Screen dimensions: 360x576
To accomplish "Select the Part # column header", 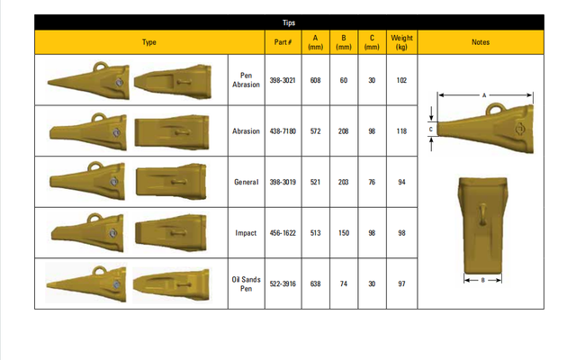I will pos(278,42).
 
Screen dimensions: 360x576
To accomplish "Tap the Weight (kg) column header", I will pos(401,42).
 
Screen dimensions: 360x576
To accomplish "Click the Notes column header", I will pos(480,42).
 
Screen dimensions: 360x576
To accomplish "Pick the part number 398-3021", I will pos(279,79).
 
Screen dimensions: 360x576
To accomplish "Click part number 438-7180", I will pos(279,130).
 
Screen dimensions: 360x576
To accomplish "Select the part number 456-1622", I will pos(279,233).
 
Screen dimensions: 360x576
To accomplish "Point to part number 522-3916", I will pos(279,283).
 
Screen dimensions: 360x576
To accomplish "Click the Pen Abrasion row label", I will pos(246,79).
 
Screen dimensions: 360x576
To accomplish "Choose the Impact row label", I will pos(246,233).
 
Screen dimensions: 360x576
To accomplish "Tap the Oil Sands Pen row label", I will pos(246,283).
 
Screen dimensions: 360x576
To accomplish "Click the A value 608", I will pos(315,79).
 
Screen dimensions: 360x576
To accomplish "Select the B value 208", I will pos(344,130).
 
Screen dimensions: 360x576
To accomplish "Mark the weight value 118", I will pos(401,130).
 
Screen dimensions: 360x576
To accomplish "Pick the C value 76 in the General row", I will pos(372,182).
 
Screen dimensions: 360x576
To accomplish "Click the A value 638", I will pos(315,283).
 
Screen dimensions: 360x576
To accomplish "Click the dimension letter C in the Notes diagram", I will pos(430,130).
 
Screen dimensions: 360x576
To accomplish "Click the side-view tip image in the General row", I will pos(87,181).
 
